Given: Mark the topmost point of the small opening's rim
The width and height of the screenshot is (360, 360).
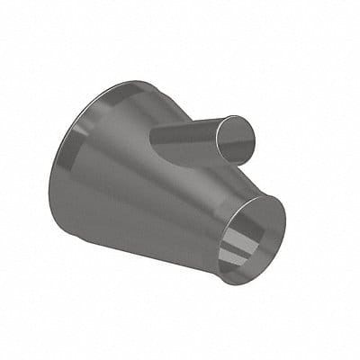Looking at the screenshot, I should (267, 193).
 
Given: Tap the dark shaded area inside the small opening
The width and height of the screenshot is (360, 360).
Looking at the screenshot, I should (261, 225).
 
